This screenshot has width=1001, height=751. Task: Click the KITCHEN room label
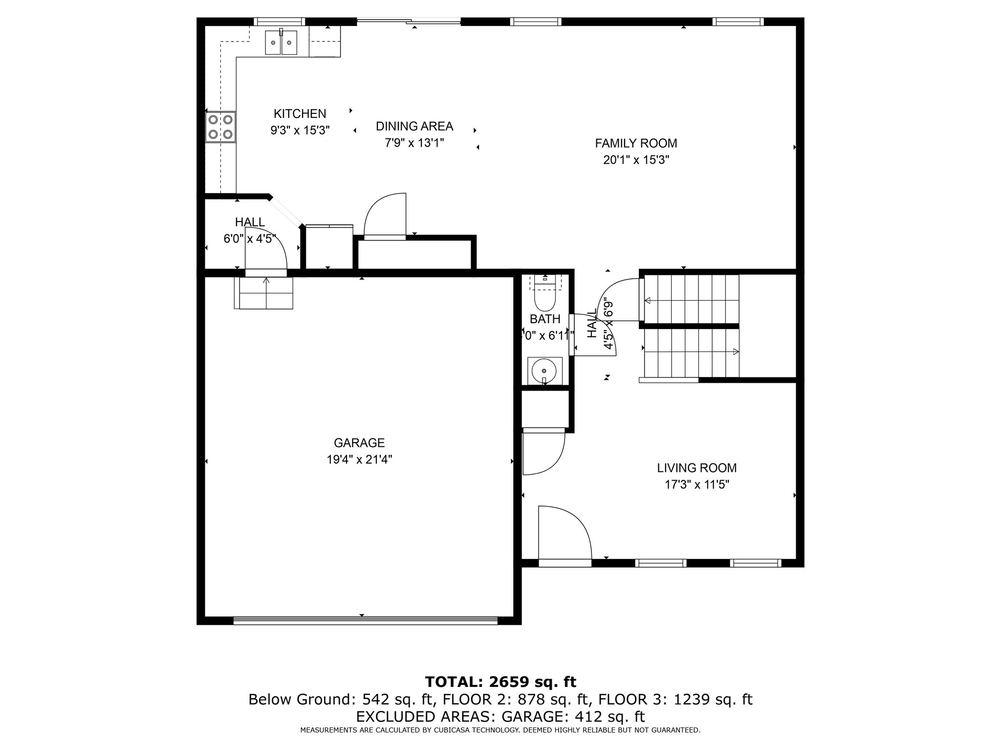pos(300,114)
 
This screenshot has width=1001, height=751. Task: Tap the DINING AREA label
pos(414,127)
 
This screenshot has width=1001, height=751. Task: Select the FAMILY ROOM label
pos(636,143)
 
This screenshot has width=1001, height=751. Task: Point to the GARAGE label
pos(359,443)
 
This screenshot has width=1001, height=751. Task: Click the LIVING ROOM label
pos(696,468)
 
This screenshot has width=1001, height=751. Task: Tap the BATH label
pos(545,319)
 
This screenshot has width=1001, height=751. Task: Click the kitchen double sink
pos(281,43)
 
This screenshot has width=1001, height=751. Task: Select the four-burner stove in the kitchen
pos(220,127)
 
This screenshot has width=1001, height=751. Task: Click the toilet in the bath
pos(544,293)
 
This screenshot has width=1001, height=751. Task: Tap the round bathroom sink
pos(544,371)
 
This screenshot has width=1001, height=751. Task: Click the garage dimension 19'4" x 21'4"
pos(359,460)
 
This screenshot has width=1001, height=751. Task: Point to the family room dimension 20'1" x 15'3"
pos(636,160)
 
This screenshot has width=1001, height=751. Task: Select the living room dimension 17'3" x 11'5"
pos(696,485)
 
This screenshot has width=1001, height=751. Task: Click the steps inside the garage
pos(266,293)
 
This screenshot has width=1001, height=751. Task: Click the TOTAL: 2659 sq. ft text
pos(500,682)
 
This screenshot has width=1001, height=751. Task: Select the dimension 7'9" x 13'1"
pos(414,143)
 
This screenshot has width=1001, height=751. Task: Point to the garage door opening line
pos(365,620)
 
